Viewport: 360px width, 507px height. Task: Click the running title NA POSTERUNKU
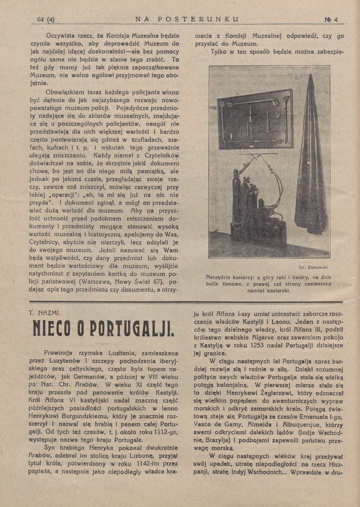pos(187,19)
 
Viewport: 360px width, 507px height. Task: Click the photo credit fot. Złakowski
pos(313,267)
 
